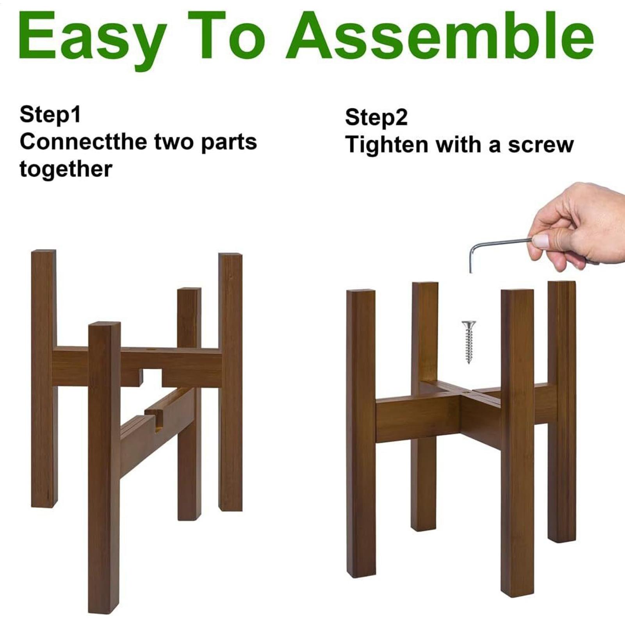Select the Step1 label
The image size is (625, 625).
(50, 115)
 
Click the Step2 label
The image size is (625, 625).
(376, 118)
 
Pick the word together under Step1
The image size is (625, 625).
(66, 169)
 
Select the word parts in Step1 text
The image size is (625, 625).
(229, 143)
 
